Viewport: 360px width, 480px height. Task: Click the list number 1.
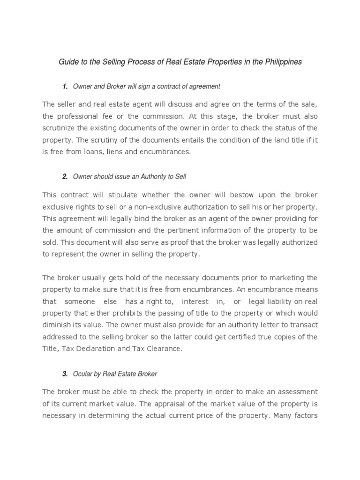tap(65, 87)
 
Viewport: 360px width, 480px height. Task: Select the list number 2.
tap(65, 176)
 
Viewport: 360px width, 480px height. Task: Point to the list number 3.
tap(65, 374)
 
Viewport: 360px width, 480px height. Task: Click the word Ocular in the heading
tap(84, 374)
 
